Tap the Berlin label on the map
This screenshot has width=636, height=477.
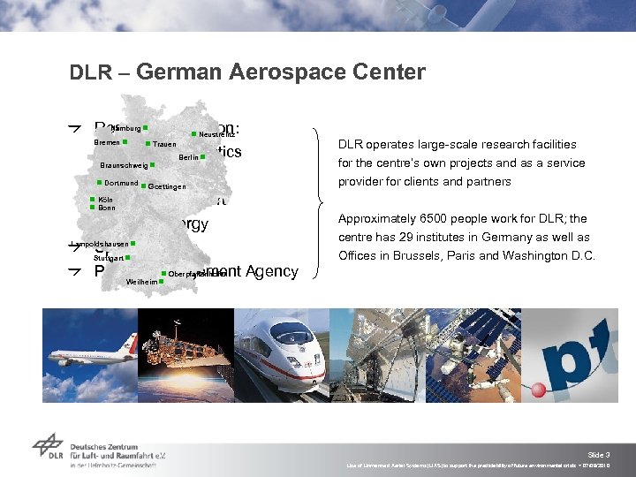pyautogui.click(x=187, y=157)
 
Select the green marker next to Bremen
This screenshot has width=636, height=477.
pyautogui.click(x=125, y=141)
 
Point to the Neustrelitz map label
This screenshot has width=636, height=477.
pyautogui.click(x=216, y=134)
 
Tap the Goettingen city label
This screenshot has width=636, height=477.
pyautogui.click(x=167, y=186)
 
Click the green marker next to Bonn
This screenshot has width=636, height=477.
pyautogui.click(x=92, y=208)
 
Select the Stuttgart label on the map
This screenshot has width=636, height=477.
pyautogui.click(x=109, y=258)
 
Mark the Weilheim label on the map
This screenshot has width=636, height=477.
pyautogui.click(x=142, y=282)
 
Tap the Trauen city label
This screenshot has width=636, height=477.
pyautogui.click(x=164, y=144)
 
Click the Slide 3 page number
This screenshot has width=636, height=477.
pyautogui.click(x=598, y=454)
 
